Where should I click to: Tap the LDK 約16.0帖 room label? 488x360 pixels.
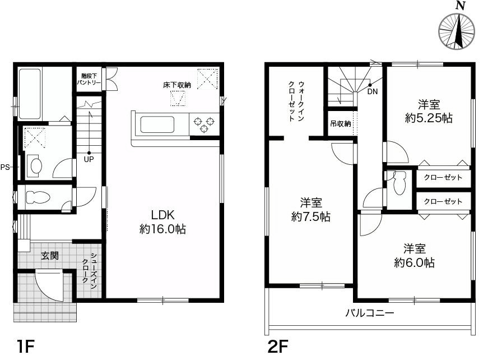click(163, 222)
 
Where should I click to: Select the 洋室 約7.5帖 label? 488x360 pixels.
click(310, 210)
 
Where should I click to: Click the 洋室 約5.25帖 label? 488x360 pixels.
click(429, 111)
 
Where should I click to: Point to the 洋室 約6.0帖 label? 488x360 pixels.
click(414, 255)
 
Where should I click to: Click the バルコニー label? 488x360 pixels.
click(369, 313)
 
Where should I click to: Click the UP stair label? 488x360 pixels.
click(89, 159)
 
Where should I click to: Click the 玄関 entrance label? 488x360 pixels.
click(49, 256)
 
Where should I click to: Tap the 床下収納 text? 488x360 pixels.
click(177, 85)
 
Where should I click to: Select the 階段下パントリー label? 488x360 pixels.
click(89, 79)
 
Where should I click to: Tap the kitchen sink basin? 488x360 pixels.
click(159, 124)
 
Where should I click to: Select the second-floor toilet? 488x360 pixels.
click(399, 183)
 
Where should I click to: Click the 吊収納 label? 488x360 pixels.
click(340, 123)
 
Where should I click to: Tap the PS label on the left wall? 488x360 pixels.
click(5, 167)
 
